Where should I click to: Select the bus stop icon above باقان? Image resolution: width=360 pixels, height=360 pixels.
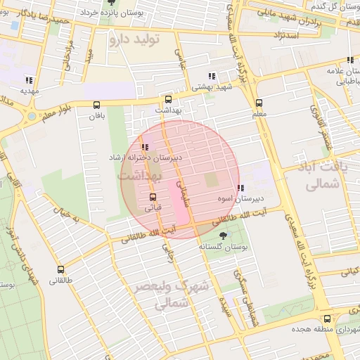(x=97, y=105)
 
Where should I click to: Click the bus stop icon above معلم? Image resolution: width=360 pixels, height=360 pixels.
(x=259, y=103)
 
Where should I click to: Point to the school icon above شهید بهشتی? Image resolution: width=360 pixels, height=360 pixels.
(x=212, y=76)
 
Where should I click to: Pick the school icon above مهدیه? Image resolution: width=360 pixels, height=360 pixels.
(x=28, y=80)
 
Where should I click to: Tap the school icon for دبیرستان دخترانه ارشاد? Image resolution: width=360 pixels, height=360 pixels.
(x=145, y=148)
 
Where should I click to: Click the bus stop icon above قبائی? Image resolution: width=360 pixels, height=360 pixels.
(x=153, y=197)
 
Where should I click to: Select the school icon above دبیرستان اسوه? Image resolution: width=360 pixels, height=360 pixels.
(x=240, y=188)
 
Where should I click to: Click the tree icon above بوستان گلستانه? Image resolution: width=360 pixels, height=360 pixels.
(x=224, y=236)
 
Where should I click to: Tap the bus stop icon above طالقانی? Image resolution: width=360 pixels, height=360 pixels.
(x=60, y=269)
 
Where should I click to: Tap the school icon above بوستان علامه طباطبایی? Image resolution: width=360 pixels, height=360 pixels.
(x=349, y=61)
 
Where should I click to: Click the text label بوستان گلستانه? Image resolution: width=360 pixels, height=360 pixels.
(x=224, y=247)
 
